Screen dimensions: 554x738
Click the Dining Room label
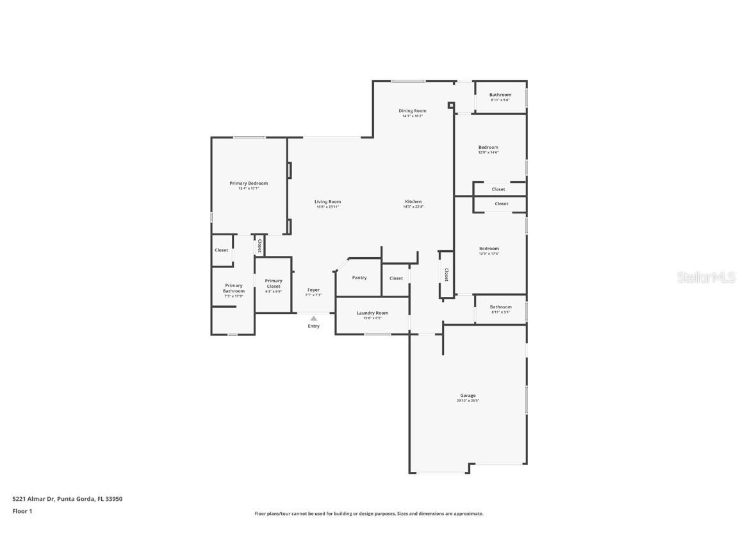(x=414, y=111)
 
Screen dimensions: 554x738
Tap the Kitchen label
(x=413, y=202)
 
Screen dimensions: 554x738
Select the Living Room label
(x=327, y=202)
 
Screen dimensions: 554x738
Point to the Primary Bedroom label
(x=249, y=183)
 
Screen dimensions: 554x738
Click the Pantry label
(x=359, y=278)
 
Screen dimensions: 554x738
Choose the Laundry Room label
(x=372, y=313)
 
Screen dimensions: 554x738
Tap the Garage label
(x=468, y=396)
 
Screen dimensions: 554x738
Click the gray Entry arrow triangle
(x=313, y=317)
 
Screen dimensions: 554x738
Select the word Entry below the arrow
(x=313, y=326)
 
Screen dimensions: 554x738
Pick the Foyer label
(x=313, y=290)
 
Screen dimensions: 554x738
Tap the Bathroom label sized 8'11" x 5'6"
(x=500, y=95)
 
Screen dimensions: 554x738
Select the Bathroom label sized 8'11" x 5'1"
(x=500, y=307)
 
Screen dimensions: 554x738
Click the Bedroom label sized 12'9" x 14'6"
(x=488, y=147)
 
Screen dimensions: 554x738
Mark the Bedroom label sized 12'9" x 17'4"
(x=489, y=249)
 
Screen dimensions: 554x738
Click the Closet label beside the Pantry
(x=397, y=278)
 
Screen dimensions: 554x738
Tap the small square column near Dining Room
(x=451, y=105)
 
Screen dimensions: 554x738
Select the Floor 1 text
(x=22, y=511)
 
